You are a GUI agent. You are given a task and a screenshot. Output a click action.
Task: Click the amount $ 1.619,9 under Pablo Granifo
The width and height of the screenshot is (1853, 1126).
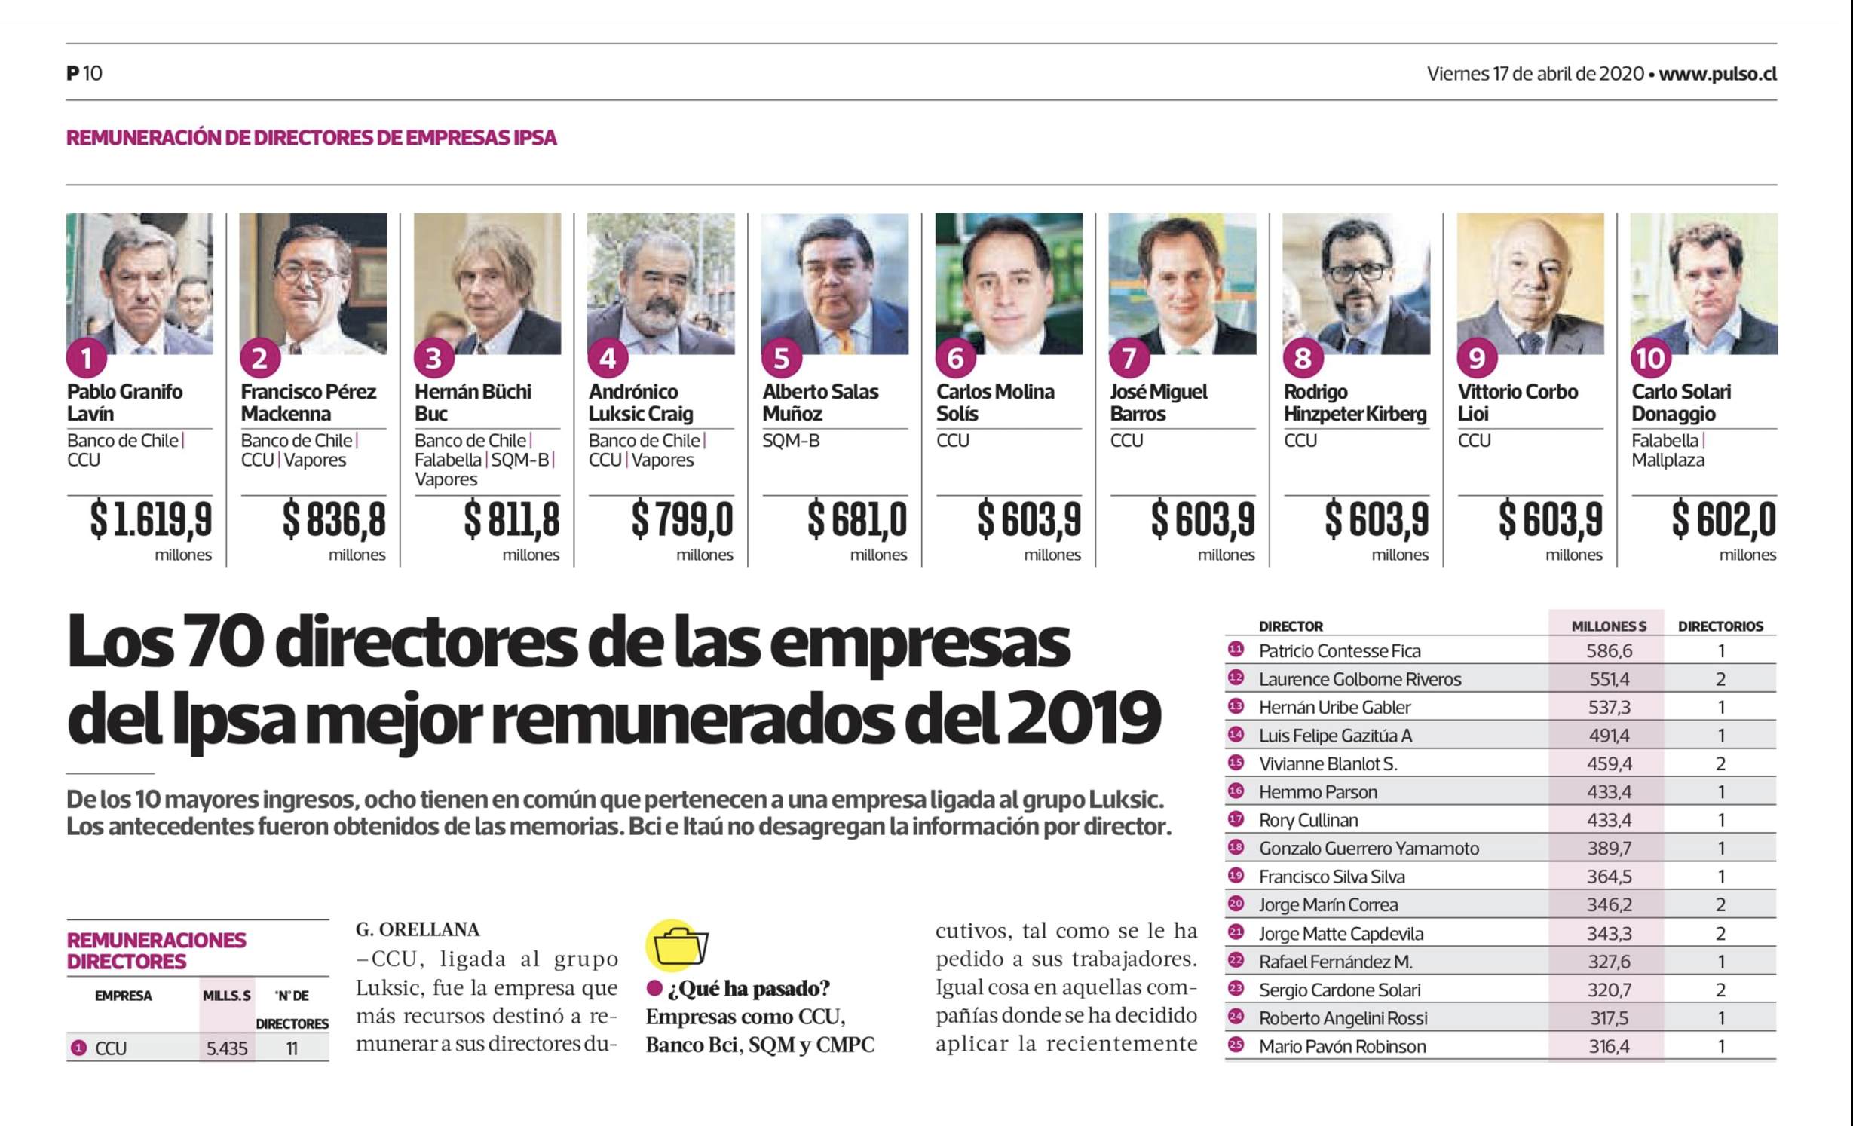point(151,519)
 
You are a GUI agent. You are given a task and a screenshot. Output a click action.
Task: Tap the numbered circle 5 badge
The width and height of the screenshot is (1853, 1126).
point(781,359)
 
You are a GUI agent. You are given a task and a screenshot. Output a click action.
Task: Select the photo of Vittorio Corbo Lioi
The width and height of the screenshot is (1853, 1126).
point(1530,283)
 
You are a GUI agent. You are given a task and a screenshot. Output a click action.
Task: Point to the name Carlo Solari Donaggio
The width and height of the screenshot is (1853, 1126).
point(1680,402)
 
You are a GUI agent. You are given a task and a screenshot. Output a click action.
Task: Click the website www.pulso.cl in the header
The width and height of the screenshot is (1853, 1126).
point(1717,74)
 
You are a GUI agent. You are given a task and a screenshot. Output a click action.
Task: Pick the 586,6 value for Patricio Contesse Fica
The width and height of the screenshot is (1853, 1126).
point(1608,651)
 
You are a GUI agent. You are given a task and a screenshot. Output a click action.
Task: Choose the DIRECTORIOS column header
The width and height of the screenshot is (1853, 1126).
point(1720,626)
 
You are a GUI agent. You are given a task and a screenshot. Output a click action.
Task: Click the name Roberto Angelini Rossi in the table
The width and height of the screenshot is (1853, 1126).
point(1343,1018)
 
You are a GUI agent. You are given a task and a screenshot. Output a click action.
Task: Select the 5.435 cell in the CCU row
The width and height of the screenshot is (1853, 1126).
point(226,1048)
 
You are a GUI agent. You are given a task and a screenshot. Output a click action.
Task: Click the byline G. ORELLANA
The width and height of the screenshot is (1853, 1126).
point(418,929)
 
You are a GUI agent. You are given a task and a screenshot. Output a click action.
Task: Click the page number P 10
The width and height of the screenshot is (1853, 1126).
point(84,74)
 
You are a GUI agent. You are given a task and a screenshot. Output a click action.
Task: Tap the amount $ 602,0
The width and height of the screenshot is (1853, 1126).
point(1723,519)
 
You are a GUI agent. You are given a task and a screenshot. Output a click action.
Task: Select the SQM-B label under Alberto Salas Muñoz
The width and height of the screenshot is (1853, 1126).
point(790,440)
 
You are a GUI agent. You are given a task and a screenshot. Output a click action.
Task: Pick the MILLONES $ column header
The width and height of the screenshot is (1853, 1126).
point(1608,626)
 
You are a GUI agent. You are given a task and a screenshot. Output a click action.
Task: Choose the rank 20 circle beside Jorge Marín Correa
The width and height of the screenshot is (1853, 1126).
point(1236,904)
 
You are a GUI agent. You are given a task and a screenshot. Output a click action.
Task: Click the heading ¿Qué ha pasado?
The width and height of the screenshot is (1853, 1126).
point(748,988)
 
